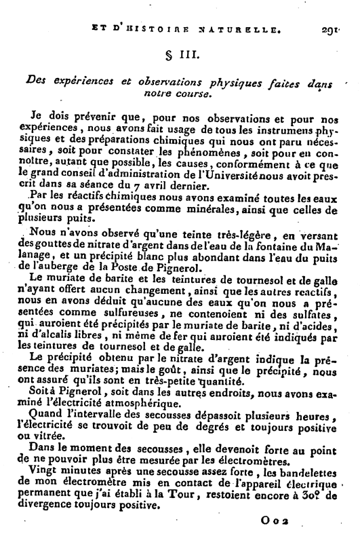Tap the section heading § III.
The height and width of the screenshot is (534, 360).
click(x=182, y=54)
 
